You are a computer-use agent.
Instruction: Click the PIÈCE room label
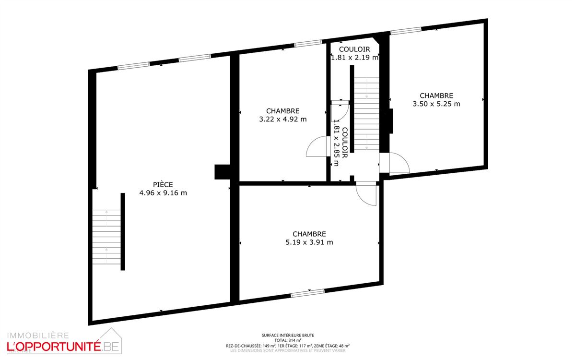tap(163, 184)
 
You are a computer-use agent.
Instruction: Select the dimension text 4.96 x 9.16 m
tap(163, 193)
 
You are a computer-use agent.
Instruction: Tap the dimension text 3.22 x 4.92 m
tap(282, 120)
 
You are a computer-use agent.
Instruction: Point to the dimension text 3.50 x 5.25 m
tap(436, 104)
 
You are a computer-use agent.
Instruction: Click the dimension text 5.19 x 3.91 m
tap(309, 242)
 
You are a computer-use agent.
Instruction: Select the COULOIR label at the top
tap(354, 49)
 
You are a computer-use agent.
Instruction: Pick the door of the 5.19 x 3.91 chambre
tap(367, 195)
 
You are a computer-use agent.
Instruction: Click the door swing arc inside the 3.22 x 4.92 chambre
tap(317, 146)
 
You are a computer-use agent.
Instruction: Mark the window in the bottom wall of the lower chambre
tap(308, 292)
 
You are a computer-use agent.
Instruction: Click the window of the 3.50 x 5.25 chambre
tap(406, 32)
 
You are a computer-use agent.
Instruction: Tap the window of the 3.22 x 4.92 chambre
tap(307, 44)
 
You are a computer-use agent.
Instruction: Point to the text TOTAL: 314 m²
tap(288, 340)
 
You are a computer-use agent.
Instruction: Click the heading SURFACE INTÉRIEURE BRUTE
tap(288, 336)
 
